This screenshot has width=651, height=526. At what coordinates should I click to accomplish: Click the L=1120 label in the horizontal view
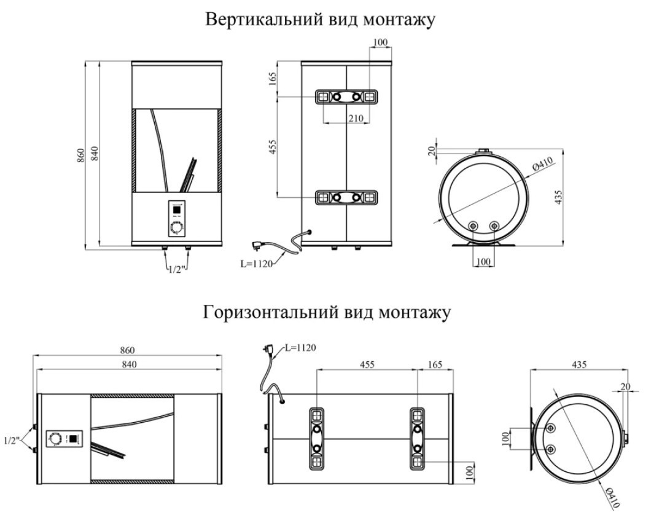pos(300,348)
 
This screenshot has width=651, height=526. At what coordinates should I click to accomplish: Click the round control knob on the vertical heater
pos(177,229)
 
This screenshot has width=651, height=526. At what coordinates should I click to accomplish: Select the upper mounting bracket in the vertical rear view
pos(346,97)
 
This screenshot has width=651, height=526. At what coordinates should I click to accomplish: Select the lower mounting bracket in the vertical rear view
pos(346,198)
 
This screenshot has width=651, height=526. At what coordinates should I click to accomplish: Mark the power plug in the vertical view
pos(266,245)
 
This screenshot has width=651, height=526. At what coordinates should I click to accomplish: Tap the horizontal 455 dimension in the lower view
pos(367,364)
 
